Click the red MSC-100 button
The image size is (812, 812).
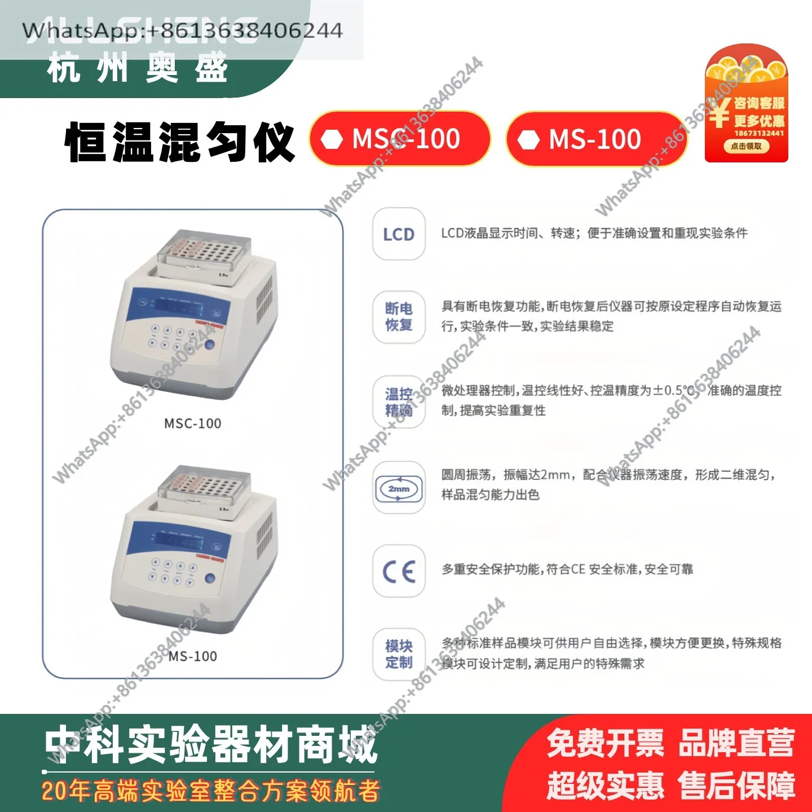click(400, 139)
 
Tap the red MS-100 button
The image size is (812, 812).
click(596, 139)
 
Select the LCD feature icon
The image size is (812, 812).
click(399, 234)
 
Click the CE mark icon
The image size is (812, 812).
click(399, 571)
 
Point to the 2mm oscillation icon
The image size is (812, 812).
click(399, 488)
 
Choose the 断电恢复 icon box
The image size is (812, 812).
click(399, 317)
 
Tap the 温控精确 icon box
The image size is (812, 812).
click(399, 402)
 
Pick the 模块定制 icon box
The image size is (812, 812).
click(399, 654)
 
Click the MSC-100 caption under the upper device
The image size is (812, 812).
click(192, 423)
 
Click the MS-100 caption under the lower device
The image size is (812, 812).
click(192, 656)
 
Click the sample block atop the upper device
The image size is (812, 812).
click(204, 253)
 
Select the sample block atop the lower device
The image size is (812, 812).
click(204, 488)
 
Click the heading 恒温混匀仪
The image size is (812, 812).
click(180, 142)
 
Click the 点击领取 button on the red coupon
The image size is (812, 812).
click(746, 146)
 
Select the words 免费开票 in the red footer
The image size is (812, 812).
click(605, 743)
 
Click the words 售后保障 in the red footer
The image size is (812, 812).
click(736, 785)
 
